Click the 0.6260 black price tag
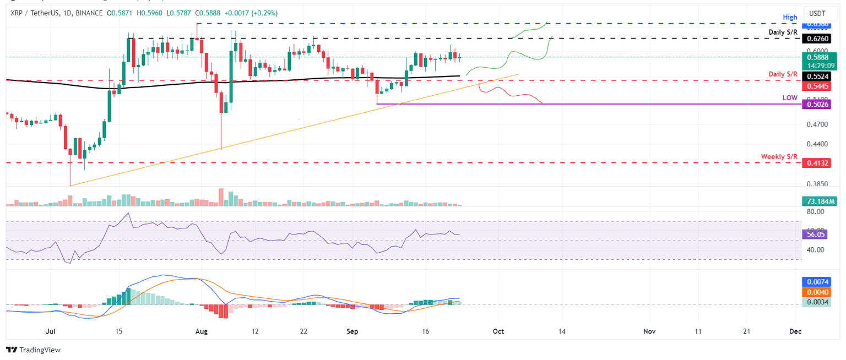point(815,39)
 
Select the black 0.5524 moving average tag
point(815,77)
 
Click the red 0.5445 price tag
point(815,86)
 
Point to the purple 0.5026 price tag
point(815,104)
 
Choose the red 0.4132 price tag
point(815,163)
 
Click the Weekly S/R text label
point(779,157)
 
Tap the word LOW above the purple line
point(789,97)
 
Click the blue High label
point(790,18)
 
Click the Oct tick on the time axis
point(498,331)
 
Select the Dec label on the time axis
point(795,331)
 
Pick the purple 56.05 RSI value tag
point(815,233)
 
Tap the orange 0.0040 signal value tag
point(815,293)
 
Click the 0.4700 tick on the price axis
point(815,125)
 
